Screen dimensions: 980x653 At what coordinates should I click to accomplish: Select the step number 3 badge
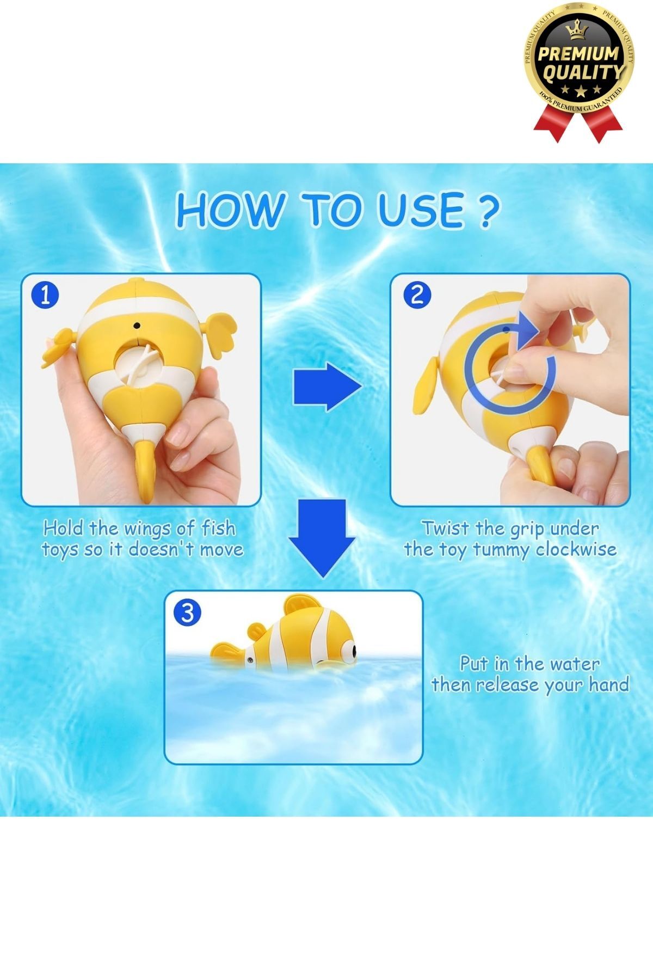[187, 612]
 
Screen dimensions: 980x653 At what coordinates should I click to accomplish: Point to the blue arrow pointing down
[322, 536]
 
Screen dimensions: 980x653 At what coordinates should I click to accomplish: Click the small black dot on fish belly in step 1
[137, 326]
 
